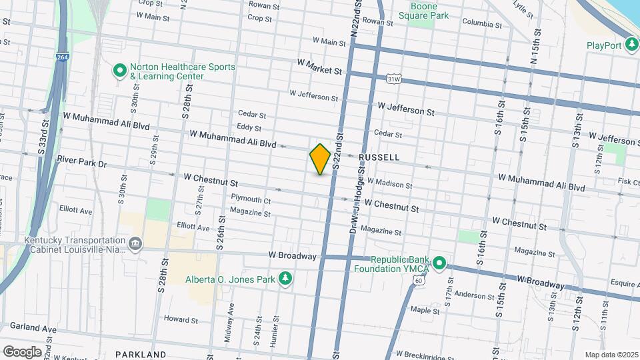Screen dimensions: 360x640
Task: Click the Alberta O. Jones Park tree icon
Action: click(x=285, y=278)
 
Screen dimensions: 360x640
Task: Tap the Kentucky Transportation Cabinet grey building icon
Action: click(x=136, y=245)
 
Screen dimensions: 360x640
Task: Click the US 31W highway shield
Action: click(x=394, y=79)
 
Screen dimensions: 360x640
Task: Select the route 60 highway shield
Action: click(x=418, y=281)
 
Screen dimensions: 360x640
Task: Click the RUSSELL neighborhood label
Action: click(x=379, y=157)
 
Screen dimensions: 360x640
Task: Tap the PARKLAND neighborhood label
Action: click(x=140, y=354)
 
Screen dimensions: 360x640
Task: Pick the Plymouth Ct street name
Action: click(x=251, y=199)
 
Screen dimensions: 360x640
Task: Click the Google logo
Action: click(x=22, y=351)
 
